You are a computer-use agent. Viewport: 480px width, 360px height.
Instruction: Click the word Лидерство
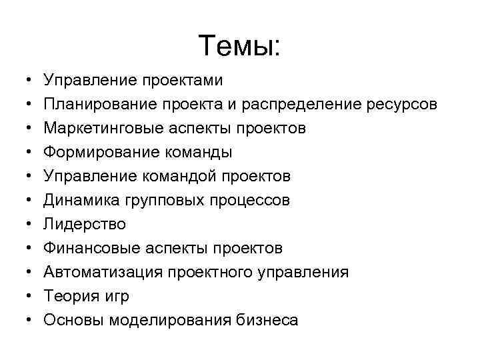point(84,225)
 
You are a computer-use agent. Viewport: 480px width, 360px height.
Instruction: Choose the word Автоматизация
point(101,273)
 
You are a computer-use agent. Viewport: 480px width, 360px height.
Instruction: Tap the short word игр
point(116,297)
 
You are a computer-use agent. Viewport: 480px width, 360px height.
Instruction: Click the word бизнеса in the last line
point(267,321)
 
